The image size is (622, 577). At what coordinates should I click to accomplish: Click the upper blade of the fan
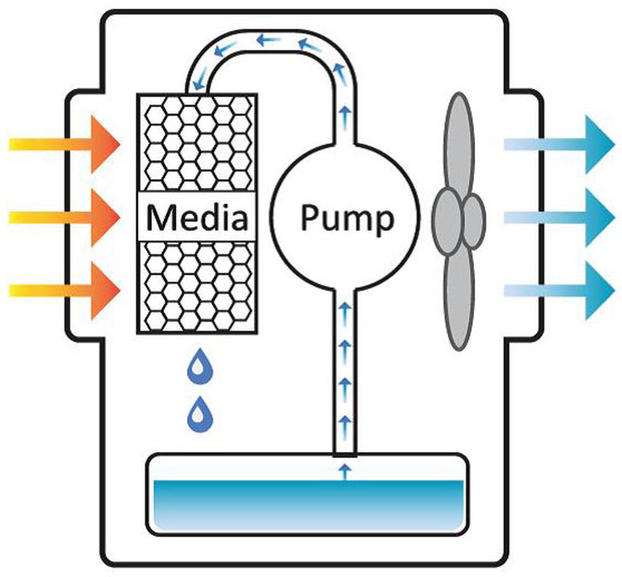[459, 140]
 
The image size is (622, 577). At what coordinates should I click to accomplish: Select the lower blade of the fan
[459, 300]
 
